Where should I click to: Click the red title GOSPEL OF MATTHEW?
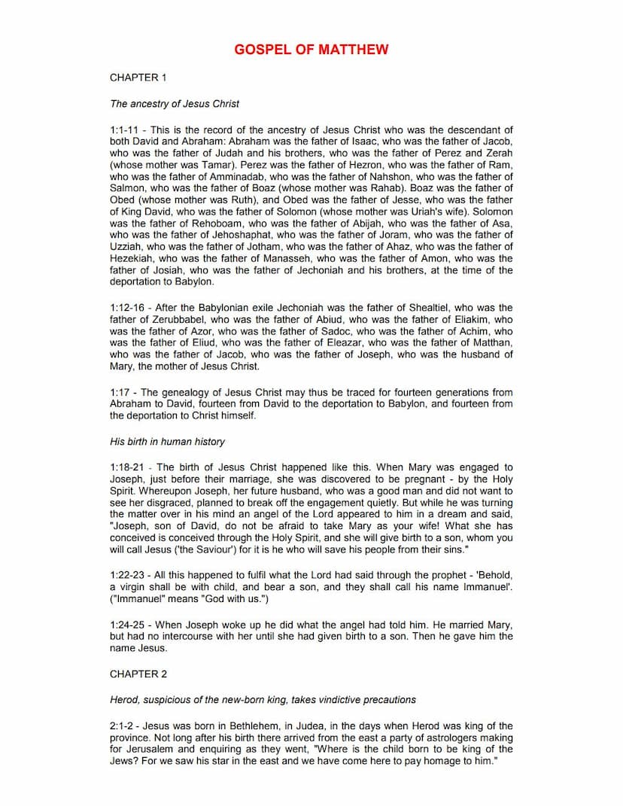(311, 50)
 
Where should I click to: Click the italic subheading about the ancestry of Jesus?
(175, 103)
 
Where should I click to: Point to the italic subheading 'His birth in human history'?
(167, 441)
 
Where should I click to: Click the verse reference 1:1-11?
(126, 129)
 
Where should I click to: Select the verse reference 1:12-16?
(129, 308)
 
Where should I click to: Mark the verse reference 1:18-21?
(129, 467)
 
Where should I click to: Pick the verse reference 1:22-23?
(129, 575)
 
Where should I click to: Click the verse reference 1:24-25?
(129, 625)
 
